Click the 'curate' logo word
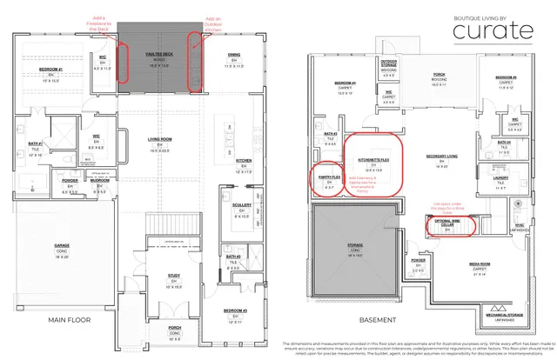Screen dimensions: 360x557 coord(492,31)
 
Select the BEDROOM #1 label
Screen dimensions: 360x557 coord(50,69)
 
